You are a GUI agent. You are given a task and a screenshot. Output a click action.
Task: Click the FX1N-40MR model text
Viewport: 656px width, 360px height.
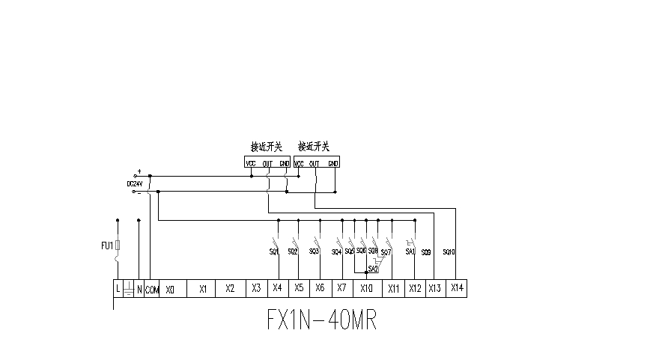coord(321,320)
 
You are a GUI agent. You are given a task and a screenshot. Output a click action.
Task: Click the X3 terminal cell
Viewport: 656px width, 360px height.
coord(256,288)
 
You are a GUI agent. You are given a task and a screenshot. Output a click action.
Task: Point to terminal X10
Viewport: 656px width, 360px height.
coord(366,288)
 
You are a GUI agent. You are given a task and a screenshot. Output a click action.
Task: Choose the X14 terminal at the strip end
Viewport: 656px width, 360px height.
coord(457,288)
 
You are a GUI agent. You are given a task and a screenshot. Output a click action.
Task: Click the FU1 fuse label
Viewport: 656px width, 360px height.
coord(106,245)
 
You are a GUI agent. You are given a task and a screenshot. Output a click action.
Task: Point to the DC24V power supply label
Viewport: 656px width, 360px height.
coord(135,183)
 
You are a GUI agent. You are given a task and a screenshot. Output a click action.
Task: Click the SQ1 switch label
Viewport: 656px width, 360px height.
coord(273,252)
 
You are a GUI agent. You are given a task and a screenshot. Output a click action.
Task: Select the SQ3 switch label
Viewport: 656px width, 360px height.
coord(314,251)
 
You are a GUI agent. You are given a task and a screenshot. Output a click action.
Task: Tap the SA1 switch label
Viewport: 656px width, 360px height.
coord(410,252)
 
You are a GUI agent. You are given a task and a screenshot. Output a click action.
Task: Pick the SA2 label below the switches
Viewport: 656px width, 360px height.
coord(372,267)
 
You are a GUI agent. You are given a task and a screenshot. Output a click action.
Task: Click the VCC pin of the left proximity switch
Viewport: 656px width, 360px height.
coord(250,163)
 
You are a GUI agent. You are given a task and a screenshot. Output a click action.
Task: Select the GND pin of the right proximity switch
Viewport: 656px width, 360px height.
coord(333,163)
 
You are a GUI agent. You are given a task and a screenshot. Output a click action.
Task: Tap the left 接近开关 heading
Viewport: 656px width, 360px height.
coord(266,146)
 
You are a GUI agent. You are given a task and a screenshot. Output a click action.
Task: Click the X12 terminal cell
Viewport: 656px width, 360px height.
coord(415,288)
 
